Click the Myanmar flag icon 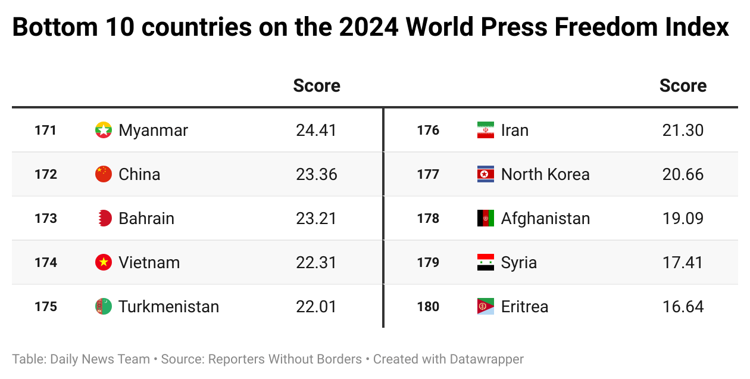pos(104,130)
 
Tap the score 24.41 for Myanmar pos(316,130)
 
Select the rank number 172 pos(46,174)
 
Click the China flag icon pos(104,174)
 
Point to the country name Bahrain pos(146,218)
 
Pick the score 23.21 pos(316,218)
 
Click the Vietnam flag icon pos(104,262)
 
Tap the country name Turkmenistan pos(168,306)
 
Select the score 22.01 pos(316,306)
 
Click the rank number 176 pos(428,130)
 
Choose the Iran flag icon pos(486,130)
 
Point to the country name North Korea pos(545,174)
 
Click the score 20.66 pos(683,174)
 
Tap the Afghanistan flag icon pos(486,218)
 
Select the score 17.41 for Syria pos(683,262)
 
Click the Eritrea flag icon pos(486,306)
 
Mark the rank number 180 pos(428,306)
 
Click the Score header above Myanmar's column pos(317,86)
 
